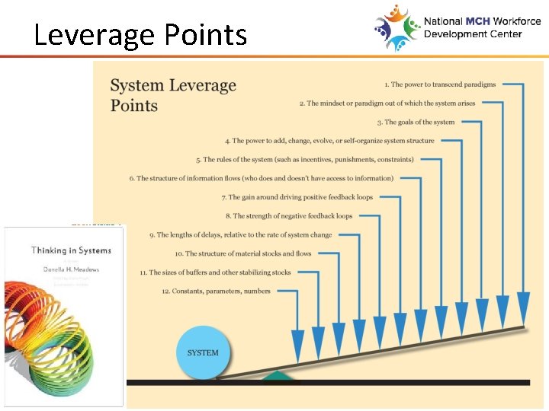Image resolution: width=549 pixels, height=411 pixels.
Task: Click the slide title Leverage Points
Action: click(140, 35)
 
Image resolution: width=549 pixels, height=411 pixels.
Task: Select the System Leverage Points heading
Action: click(173, 95)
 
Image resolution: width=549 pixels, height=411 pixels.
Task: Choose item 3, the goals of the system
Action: click(416, 122)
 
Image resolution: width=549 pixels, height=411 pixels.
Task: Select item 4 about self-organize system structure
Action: click(329, 141)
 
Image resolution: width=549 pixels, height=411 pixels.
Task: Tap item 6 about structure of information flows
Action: click(261, 178)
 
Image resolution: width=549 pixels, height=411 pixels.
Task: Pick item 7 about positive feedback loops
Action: click(297, 197)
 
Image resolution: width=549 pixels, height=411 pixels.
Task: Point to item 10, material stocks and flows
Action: click(242, 253)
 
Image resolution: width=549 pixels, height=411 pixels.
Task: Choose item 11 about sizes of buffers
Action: click(215, 272)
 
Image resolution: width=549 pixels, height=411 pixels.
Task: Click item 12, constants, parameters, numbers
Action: click(216, 291)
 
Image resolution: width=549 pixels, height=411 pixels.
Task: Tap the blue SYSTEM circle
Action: click(202, 352)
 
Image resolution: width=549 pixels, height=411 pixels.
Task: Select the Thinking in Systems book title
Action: click(71, 250)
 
